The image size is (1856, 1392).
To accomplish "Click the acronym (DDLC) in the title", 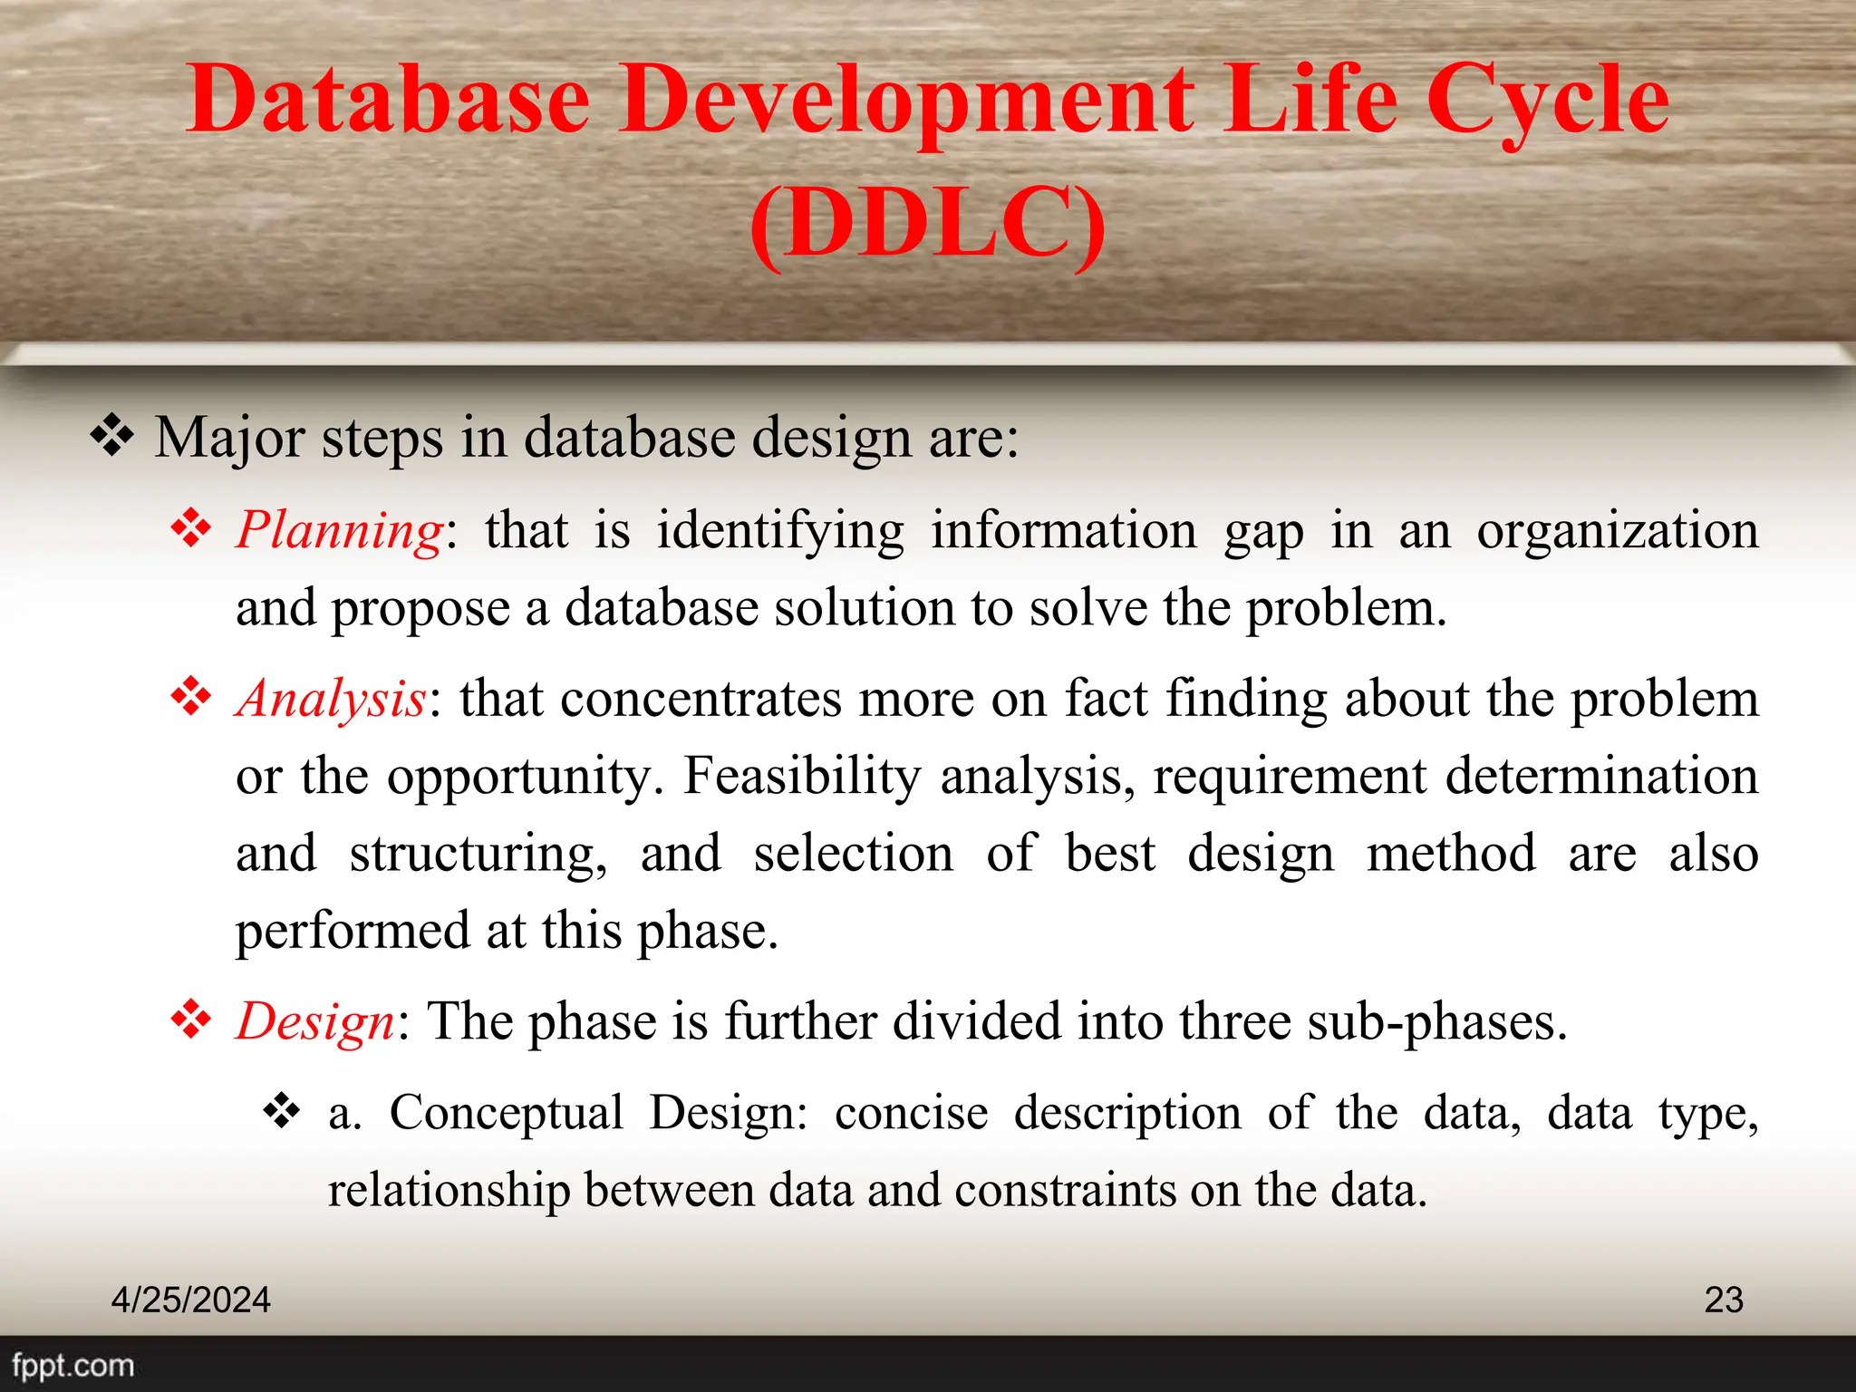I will (x=928, y=223).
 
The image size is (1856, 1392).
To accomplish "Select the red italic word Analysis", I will (x=331, y=699).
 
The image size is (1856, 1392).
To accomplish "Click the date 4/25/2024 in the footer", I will (x=190, y=1300).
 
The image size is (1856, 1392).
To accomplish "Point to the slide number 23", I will (x=1723, y=1300).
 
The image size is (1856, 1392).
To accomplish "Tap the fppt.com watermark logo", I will (x=72, y=1365).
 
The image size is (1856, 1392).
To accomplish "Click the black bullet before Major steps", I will (x=112, y=436).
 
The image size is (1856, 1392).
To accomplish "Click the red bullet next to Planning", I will (x=191, y=528).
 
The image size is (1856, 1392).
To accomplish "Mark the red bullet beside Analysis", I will (x=191, y=697).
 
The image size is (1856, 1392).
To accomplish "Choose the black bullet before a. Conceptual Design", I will (x=282, y=1111).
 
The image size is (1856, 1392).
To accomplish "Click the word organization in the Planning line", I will (x=1618, y=530).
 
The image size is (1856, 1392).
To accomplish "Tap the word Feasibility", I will (x=801, y=776).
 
